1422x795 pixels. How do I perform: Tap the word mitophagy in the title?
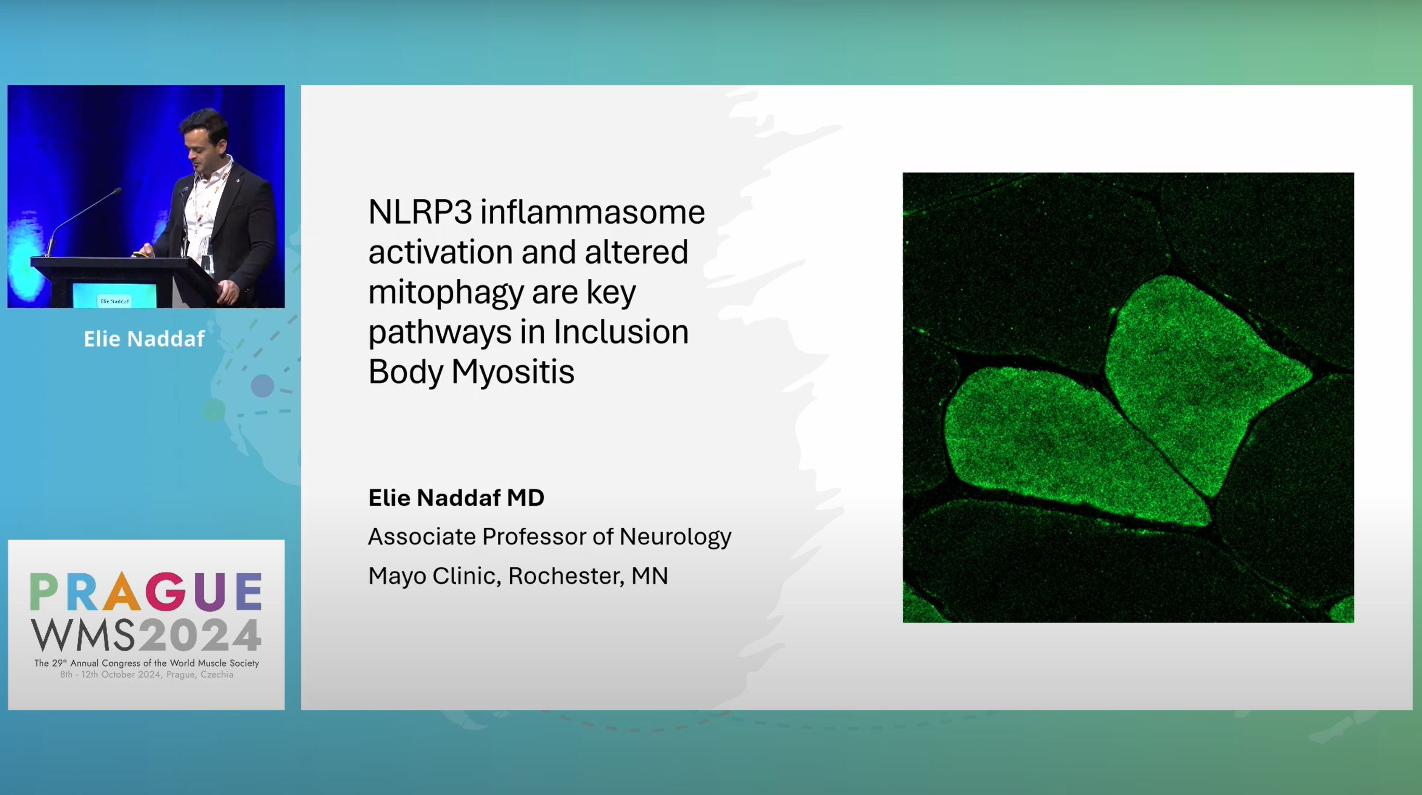point(446,293)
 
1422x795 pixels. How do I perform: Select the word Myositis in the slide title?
point(513,371)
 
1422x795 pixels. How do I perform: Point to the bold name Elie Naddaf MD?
point(456,497)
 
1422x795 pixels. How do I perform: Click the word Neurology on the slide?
point(675,537)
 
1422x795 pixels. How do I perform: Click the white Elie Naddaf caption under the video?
point(144,339)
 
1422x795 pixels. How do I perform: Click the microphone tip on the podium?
point(117,191)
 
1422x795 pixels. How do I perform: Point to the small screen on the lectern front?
point(114,297)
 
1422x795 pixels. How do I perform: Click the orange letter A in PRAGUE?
point(122,591)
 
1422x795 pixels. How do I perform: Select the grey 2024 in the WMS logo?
point(199,635)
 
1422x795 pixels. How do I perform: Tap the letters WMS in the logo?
point(82,635)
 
